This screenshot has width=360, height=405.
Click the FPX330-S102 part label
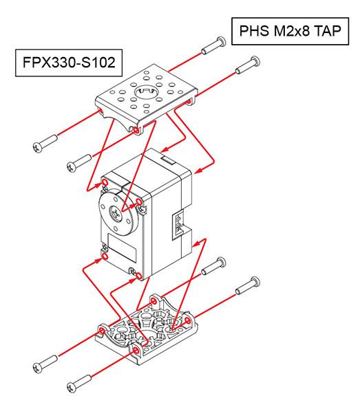pos(68,65)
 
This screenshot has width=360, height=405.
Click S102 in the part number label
pos(101,65)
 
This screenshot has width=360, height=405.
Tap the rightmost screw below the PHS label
pos(248,67)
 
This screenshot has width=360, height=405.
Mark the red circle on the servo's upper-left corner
pos(105,182)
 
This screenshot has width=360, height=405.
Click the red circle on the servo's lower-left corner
pos(105,256)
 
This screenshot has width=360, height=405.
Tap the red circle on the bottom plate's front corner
pos(135,351)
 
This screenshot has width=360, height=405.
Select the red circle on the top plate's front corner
pos(136,129)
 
